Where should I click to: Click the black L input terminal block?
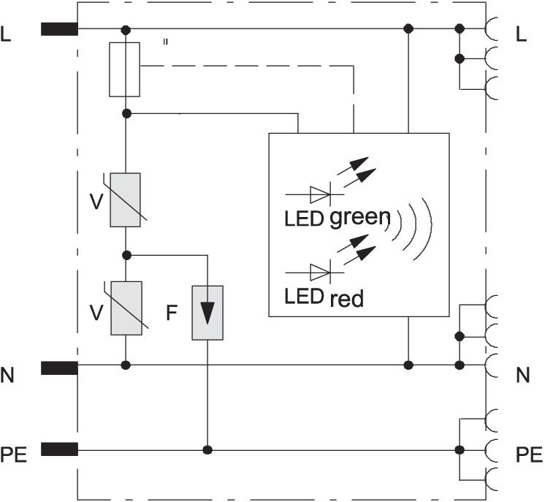59,29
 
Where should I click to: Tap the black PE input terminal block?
59,449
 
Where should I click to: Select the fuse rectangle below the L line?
124,69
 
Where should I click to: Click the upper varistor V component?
125,199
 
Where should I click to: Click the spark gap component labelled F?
207,313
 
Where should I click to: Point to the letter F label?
171,313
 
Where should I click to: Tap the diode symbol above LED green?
320,194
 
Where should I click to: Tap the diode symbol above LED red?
320,273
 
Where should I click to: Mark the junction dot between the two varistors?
126,255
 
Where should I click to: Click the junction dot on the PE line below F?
207,449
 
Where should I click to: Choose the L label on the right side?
520,34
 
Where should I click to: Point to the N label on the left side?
8,374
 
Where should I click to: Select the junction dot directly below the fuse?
126,113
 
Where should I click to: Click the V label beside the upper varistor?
95,202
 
